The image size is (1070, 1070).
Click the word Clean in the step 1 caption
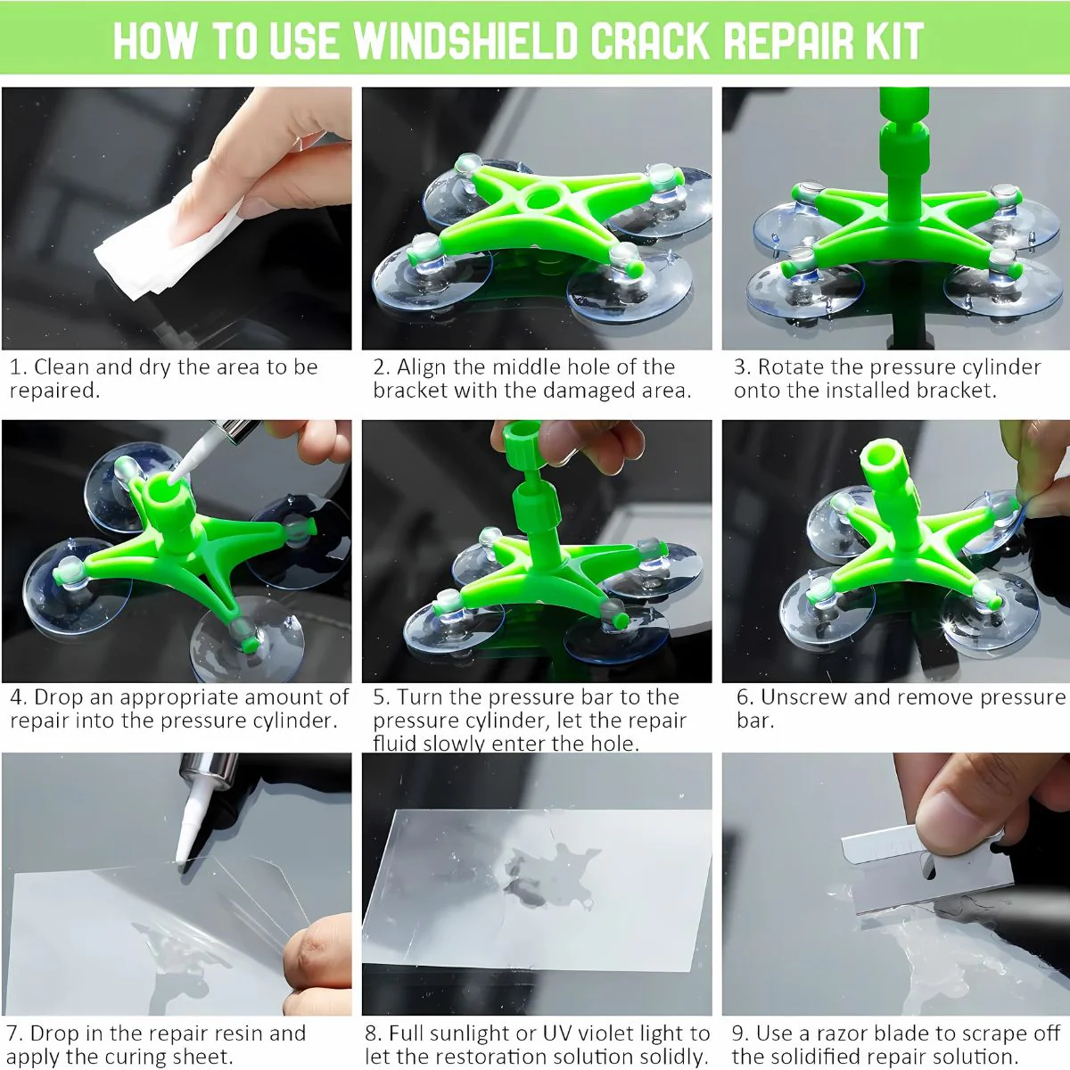click(58, 367)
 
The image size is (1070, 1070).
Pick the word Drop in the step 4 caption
click(55, 697)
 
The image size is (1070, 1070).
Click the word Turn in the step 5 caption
click(418, 697)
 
